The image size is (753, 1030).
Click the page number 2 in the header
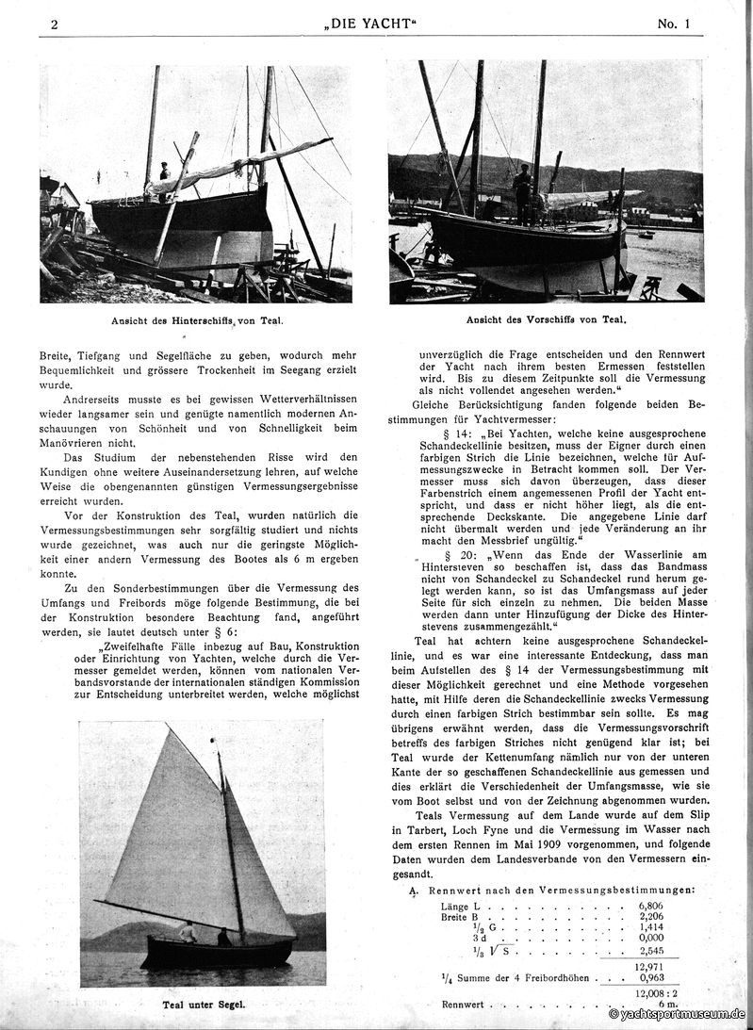pyautogui.click(x=55, y=25)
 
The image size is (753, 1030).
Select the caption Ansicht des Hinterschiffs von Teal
pyautogui.click(x=196, y=320)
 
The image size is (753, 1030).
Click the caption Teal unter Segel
pyautogui.click(x=203, y=1004)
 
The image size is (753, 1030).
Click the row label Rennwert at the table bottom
pyautogui.click(x=462, y=1005)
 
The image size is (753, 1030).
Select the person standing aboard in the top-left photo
pyautogui.click(x=165, y=174)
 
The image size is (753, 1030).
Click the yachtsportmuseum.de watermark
pyautogui.click(x=679, y=1015)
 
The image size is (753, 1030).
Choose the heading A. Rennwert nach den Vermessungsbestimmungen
pyautogui.click(x=556, y=890)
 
